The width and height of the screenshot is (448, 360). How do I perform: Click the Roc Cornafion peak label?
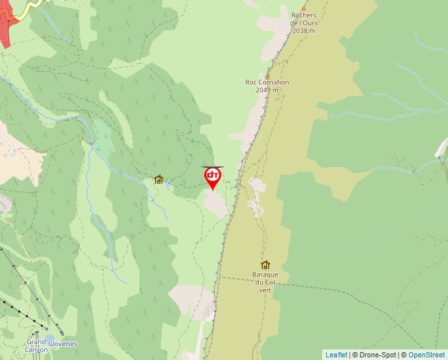pyautogui.click(x=267, y=82)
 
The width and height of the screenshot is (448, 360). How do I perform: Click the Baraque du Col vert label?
pyautogui.click(x=265, y=282)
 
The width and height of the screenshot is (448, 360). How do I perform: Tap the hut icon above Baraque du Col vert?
pyautogui.click(x=266, y=265)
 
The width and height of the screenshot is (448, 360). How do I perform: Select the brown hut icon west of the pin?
pyautogui.click(x=158, y=179)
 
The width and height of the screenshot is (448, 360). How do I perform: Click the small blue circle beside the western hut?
pyautogui.click(x=169, y=185)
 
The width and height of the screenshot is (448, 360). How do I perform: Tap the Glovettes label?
pyautogui.click(x=63, y=344)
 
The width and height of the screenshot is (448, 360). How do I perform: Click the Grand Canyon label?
pyautogui.click(x=36, y=346)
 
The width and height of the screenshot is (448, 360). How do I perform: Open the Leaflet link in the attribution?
pyautogui.click(x=336, y=355)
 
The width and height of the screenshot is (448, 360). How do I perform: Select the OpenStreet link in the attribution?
pyautogui.click(x=428, y=355)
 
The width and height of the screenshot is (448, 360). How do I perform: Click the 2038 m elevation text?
pyautogui.click(x=303, y=30)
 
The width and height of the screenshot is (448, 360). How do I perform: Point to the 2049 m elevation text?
pyautogui.click(x=267, y=90)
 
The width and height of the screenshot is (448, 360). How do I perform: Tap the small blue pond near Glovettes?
pyautogui.click(x=49, y=337)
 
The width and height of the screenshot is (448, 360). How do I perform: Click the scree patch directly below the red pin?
pyautogui.click(x=216, y=204)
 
